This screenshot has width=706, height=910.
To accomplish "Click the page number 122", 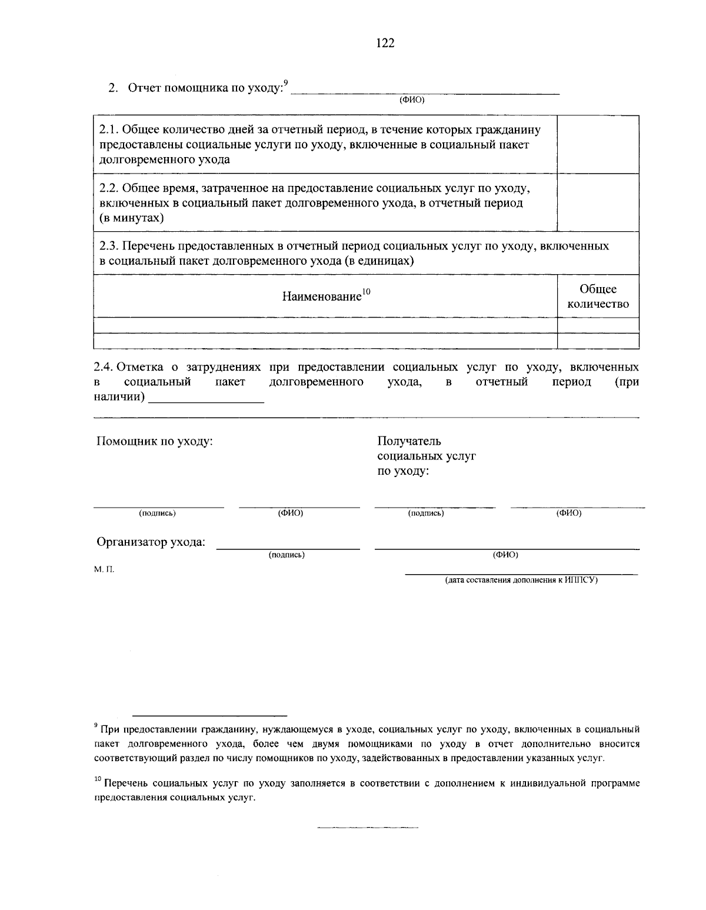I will [385, 43].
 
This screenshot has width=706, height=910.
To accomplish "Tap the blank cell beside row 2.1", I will [598, 144].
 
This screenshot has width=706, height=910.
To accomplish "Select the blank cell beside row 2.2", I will [598, 202].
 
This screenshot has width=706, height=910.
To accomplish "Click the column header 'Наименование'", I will [322, 296].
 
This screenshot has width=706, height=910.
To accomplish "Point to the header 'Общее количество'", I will [598, 296].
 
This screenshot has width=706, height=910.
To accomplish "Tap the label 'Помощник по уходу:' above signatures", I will [154, 441].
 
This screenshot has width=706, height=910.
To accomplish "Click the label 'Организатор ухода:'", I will [151, 542].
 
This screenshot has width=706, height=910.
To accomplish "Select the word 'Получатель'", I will [409, 441].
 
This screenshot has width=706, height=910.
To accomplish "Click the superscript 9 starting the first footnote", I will [96, 726].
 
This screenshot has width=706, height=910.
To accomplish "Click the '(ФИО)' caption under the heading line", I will [412, 100].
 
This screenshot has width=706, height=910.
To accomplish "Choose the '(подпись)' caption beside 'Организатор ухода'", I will [287, 555].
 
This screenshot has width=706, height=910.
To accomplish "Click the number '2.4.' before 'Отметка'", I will [104, 368].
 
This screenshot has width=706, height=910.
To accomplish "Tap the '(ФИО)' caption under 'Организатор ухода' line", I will [505, 555].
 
